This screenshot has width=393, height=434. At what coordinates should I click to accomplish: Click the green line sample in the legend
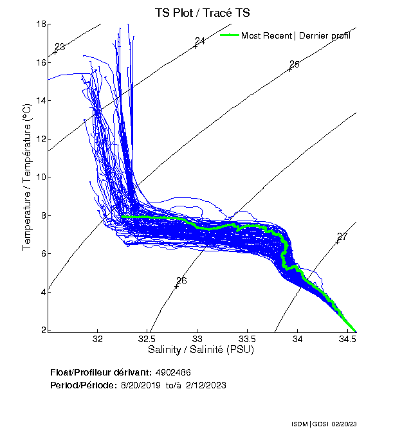[230, 35]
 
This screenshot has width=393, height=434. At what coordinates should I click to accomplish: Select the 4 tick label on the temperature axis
[42, 292]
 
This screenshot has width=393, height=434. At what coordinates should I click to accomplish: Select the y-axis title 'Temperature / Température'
[28, 177]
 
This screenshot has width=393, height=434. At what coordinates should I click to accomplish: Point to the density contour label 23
[60, 47]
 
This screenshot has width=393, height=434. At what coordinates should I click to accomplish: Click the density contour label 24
[199, 41]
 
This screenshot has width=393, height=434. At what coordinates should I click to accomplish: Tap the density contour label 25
[295, 64]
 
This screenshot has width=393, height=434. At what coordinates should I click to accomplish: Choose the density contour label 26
[181, 281]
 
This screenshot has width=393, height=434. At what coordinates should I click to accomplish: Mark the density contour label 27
[342, 237]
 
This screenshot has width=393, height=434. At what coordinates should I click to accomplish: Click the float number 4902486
[173, 373]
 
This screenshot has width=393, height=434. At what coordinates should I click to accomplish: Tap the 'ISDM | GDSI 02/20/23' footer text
[324, 425]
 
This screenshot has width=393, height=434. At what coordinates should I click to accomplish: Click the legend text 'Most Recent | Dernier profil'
[296, 35]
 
